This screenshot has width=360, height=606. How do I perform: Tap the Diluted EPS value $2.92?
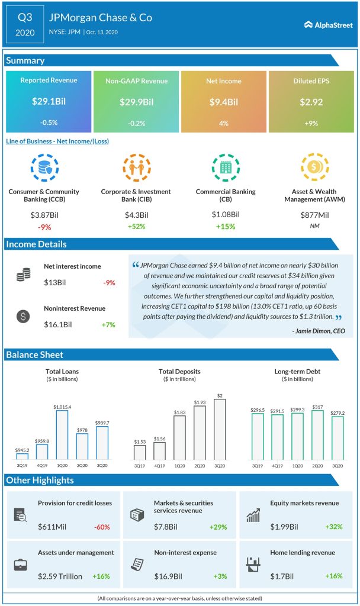coord(311,102)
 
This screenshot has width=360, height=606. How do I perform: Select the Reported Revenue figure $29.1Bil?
coord(49,102)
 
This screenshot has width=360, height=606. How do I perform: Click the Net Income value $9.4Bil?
coord(223,102)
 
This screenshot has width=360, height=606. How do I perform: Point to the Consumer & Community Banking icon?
coord(44,167)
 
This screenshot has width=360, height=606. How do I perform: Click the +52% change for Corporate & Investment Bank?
coord(135,225)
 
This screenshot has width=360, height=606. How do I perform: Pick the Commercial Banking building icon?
coord(226,167)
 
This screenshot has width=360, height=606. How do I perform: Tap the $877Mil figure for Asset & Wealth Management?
coord(315,214)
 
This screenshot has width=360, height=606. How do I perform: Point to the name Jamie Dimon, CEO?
coord(320,330)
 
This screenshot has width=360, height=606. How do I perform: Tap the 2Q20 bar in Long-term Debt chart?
coord(317,435)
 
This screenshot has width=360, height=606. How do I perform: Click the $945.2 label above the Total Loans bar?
coord(22,450)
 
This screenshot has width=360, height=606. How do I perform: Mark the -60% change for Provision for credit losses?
coord(102,526)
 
